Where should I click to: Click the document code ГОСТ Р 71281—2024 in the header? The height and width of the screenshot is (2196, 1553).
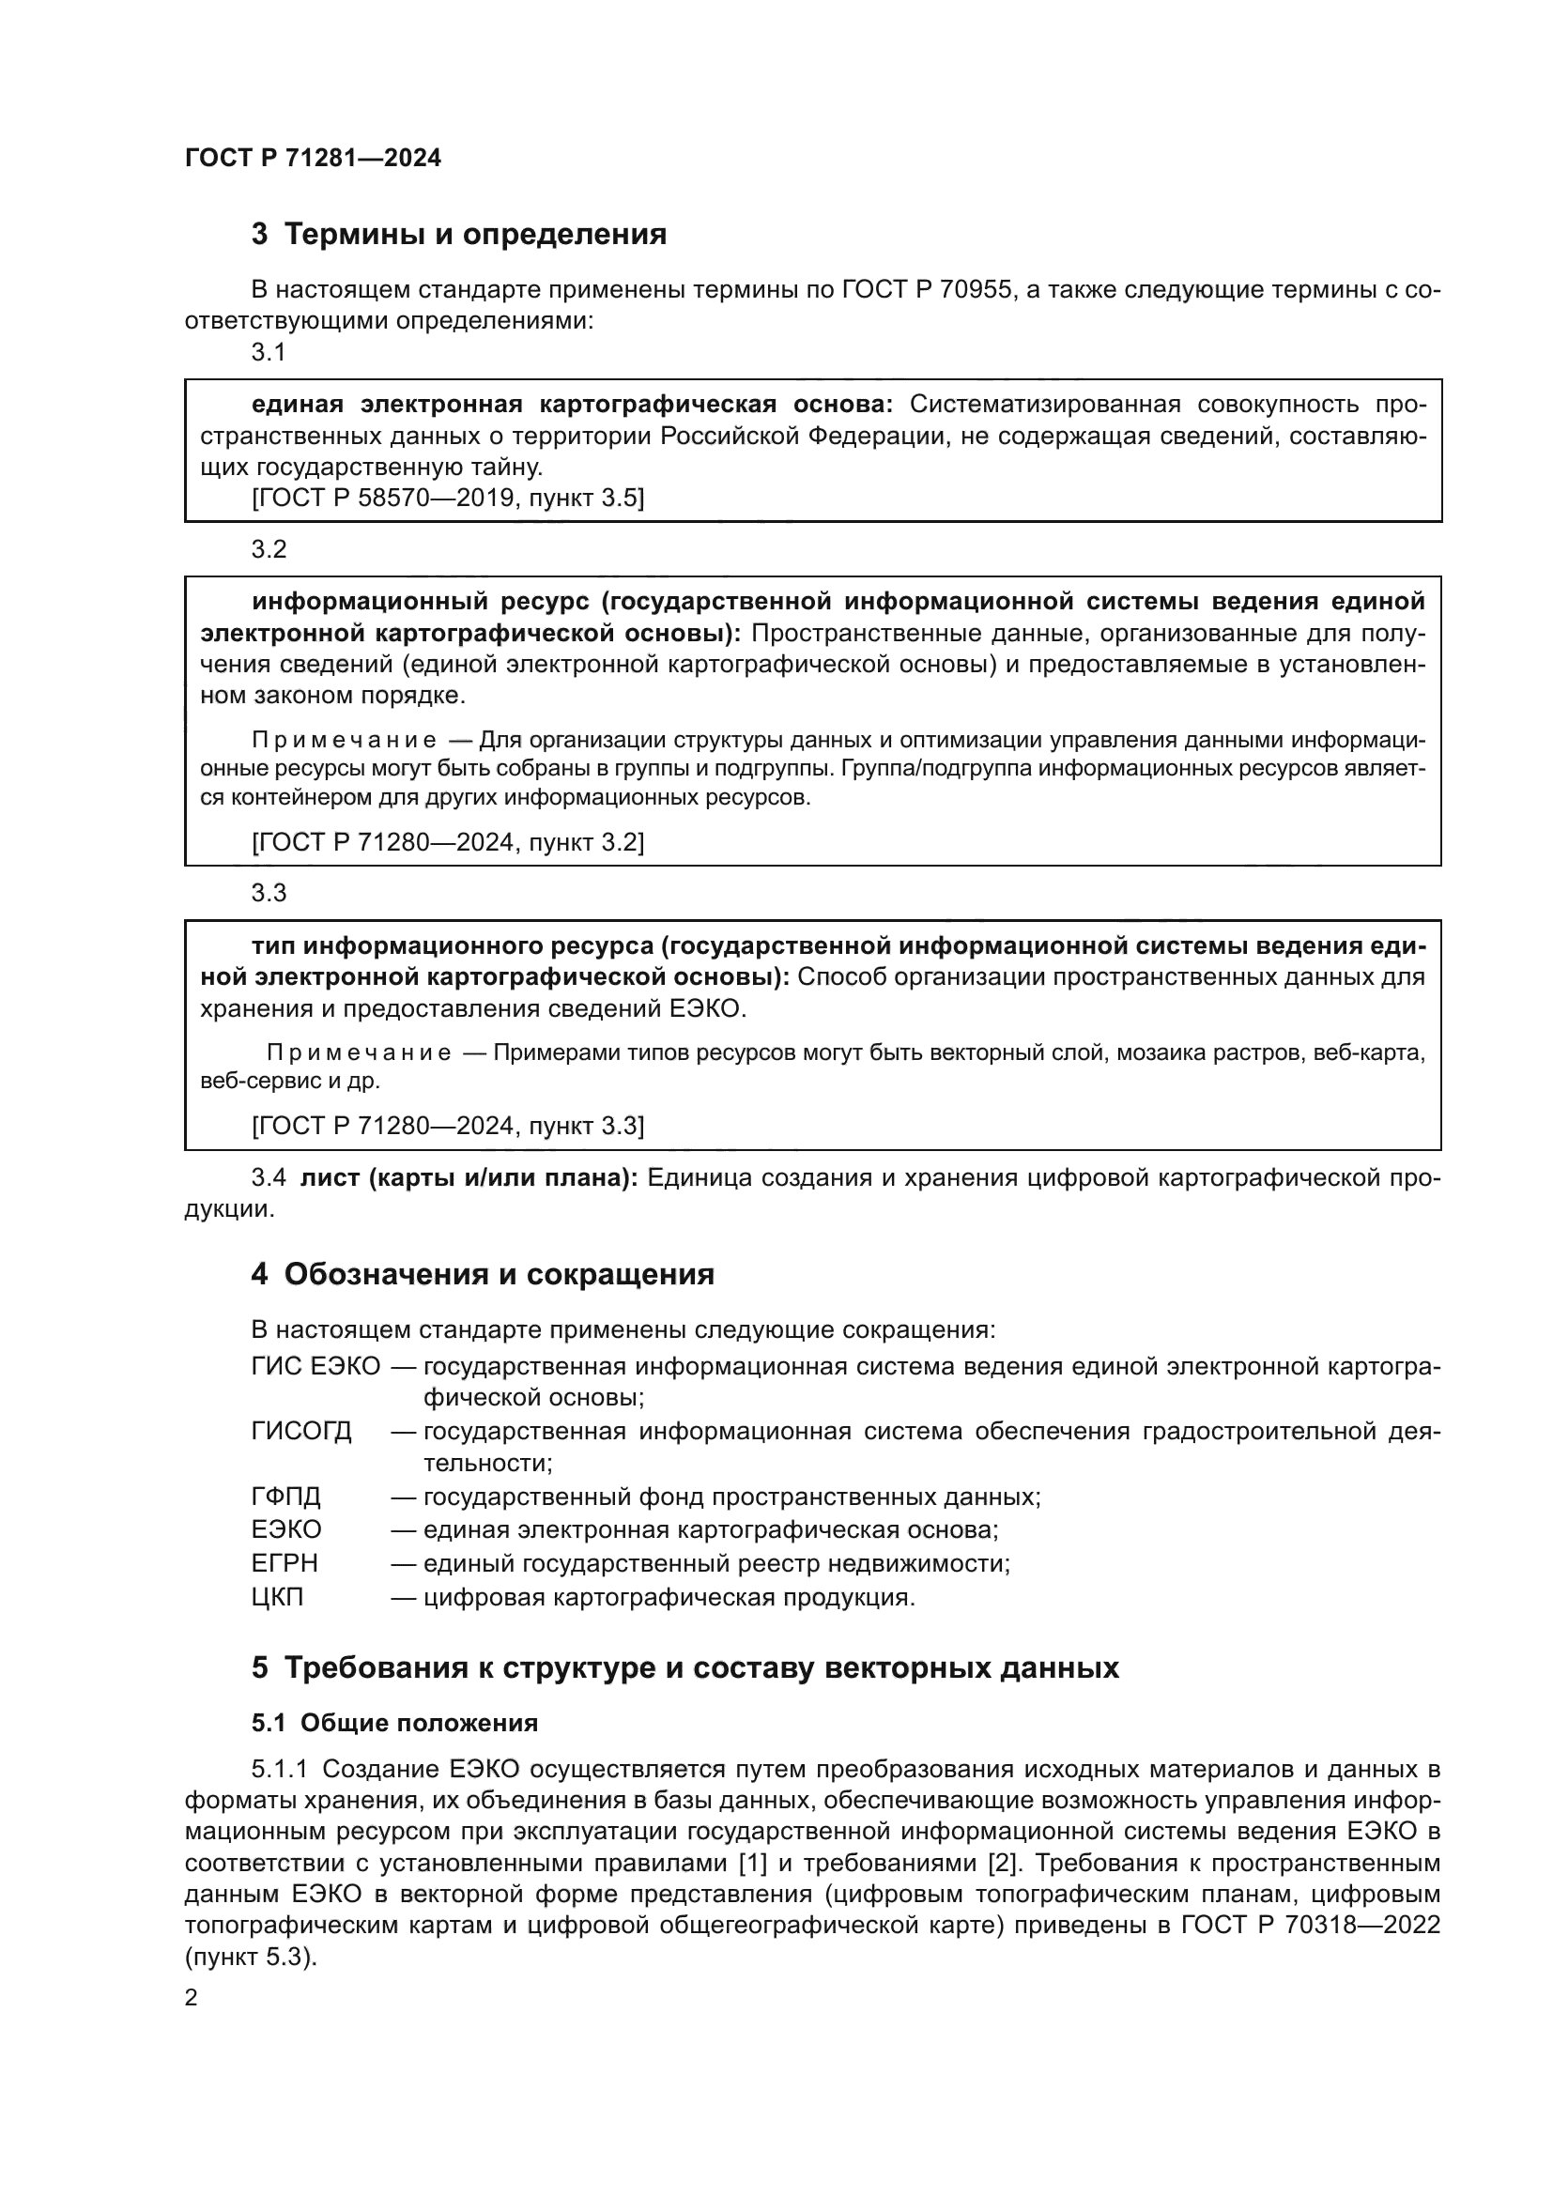coord(313,159)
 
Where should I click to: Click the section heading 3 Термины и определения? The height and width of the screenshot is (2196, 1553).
coord(459,235)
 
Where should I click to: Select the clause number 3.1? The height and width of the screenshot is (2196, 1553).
coord(269,353)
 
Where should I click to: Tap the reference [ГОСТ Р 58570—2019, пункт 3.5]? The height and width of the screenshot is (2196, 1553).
coord(448,499)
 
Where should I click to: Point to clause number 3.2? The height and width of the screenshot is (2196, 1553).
coord(269,550)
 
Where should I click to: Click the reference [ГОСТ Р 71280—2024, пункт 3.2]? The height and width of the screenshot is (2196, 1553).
coord(448,842)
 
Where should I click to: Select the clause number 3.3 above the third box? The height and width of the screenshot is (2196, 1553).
coord(269,893)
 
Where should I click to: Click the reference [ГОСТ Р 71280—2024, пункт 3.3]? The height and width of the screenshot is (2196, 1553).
coord(448,1126)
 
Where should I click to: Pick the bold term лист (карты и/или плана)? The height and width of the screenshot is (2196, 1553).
coord(469,1178)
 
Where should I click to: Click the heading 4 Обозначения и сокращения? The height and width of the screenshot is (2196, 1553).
coord(483,1275)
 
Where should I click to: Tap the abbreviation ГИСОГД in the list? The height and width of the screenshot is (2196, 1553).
coord(301,1432)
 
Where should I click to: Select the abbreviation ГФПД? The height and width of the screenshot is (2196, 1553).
coord(286,1497)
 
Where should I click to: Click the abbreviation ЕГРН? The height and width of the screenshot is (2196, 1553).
coord(285,1564)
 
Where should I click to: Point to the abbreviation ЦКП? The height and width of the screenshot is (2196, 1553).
coord(277,1597)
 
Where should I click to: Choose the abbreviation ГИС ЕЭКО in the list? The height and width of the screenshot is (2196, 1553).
coord(315,1366)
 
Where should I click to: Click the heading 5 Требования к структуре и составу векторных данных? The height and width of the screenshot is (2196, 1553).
coord(684,1668)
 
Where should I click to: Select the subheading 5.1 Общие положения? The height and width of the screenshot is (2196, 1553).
coord(394,1724)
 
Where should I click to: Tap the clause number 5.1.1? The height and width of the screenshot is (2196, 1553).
coord(280,1770)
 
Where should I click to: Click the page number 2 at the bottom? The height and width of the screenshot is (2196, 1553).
coord(192,1998)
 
